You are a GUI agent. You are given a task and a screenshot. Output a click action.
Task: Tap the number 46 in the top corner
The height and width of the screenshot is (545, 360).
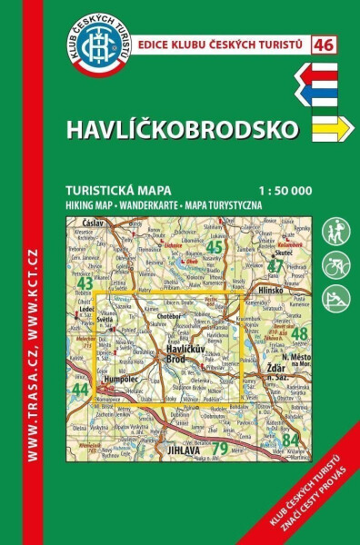pyautogui.click(x=322, y=44)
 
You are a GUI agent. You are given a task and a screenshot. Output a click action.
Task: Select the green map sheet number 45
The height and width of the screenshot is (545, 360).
pyautogui.click(x=215, y=246)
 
